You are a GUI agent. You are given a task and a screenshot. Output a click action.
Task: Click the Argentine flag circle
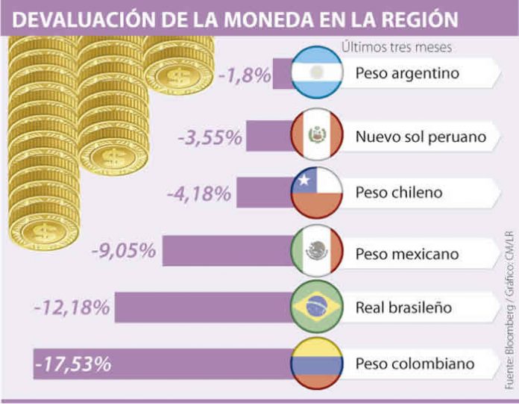pos(317,73)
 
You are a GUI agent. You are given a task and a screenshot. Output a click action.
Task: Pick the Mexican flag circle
pos(317,252)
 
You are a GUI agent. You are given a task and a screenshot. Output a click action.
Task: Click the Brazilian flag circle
pos(317,307)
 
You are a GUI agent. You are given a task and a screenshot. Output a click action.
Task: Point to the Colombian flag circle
pos(317,364)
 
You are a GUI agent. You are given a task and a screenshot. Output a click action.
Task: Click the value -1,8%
pos(245,75)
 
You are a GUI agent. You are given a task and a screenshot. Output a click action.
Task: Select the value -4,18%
pos(198,194)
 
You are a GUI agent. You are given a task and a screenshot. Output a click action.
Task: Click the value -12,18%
pos(73,307)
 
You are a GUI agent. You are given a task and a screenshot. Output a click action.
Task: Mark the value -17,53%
pos(73,364)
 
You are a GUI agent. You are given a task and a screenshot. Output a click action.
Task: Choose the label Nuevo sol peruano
pos(421,137)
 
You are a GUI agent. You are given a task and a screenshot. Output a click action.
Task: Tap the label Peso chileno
pos(399,193)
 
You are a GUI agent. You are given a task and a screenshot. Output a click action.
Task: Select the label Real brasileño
pos(403,307)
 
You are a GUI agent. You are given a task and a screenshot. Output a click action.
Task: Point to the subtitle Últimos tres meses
pos(398,47)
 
